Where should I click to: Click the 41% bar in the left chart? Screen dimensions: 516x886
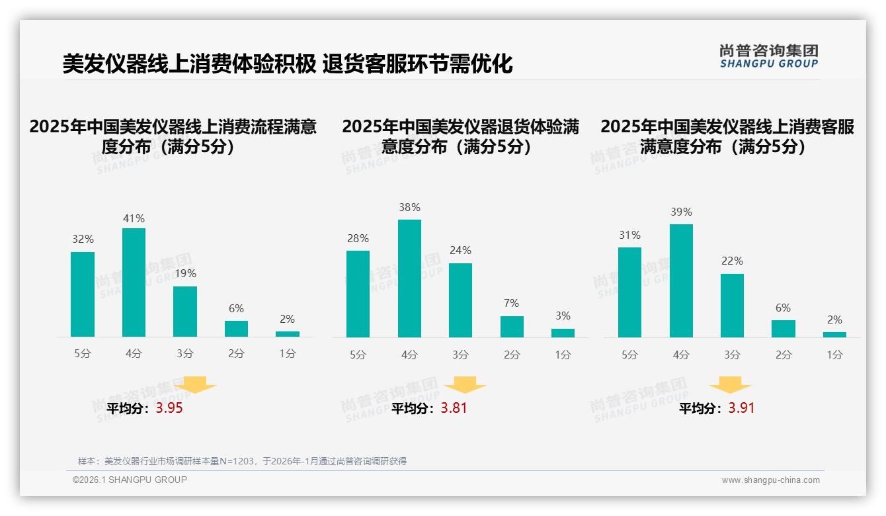134,282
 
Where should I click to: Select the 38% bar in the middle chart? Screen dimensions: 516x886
409,279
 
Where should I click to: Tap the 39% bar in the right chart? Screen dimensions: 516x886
681,280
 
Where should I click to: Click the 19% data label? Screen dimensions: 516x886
185,273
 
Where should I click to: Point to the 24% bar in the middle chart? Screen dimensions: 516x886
460,300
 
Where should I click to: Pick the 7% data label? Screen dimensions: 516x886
511,304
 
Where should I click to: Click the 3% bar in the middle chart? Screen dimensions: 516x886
563,333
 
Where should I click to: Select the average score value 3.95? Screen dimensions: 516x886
169,408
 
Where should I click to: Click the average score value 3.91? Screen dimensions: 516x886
741,408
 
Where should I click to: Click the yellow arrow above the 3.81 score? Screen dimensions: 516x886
465,385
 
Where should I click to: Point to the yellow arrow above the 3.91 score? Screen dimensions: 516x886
730,385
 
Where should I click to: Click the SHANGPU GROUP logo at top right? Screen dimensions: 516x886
768,56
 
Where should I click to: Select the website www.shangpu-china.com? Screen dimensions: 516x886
770,480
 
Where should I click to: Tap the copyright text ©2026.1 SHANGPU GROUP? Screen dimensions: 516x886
130,480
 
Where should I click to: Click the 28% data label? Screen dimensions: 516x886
358,239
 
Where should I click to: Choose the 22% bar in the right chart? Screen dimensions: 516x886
732,306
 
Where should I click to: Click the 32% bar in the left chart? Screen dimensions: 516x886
83,294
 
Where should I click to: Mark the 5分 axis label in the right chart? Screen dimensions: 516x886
629,355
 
